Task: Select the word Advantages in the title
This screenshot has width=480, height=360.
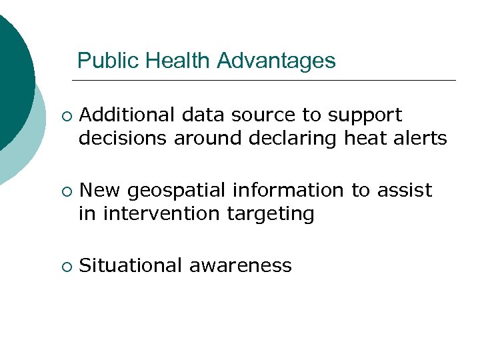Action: (276, 61)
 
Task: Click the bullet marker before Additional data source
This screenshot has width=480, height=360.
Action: (64, 117)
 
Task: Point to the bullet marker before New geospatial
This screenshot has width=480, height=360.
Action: (64, 192)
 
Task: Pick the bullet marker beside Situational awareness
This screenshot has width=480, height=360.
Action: (64, 267)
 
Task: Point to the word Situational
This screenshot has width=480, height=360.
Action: (131, 266)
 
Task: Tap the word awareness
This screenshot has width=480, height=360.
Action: (241, 266)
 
